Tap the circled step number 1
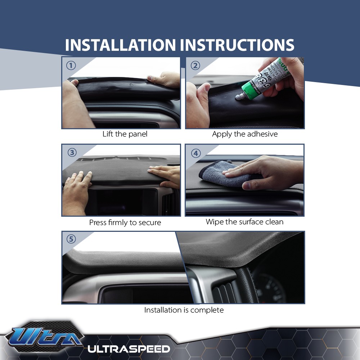tap(71, 66)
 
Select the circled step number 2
tap(195, 66)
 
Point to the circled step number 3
tap(72, 153)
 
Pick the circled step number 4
tap(195, 153)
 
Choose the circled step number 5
tap(71, 239)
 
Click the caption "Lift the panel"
tap(125, 134)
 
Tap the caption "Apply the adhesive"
tap(245, 134)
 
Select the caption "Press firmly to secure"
tap(125, 222)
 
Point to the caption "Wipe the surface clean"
tap(244, 222)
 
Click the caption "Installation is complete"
tap(184, 310)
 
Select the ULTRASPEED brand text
tap(129, 349)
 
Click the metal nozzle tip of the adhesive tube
tap(238, 96)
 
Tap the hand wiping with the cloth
tap(266, 172)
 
